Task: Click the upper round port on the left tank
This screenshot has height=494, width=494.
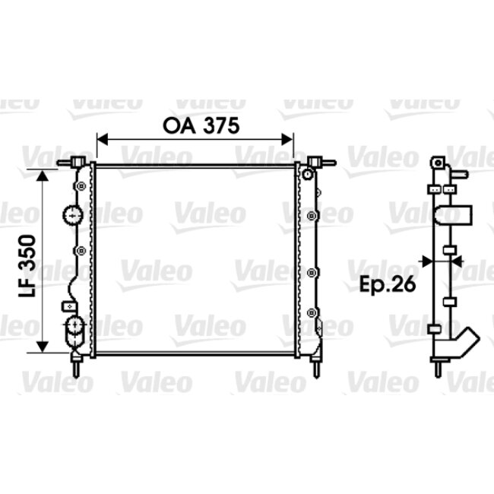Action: tap(73, 215)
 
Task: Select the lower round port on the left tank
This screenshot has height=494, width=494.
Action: tap(74, 328)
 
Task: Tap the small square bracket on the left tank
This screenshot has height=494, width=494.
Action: tap(66, 306)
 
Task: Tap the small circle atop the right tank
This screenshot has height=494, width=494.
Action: tap(307, 175)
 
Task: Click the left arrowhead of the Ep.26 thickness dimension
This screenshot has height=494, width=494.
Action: tap(429, 260)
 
